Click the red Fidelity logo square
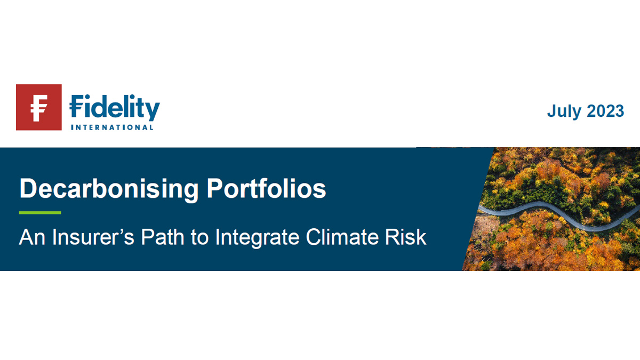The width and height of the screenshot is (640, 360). (39, 107)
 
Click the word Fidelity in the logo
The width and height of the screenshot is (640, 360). (115, 108)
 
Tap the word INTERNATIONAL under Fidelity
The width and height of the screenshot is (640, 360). (112, 127)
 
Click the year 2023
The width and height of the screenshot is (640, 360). (605, 111)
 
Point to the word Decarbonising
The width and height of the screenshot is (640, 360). (109, 189)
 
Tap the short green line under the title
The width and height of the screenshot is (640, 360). (40, 213)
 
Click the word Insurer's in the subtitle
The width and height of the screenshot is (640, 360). (93, 237)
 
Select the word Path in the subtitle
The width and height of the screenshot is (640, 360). (163, 237)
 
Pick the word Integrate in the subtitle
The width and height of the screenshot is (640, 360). (257, 238)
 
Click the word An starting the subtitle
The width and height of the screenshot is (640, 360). (32, 237)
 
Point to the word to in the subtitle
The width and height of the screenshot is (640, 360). (199, 238)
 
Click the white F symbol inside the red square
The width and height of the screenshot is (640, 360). (38, 108)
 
